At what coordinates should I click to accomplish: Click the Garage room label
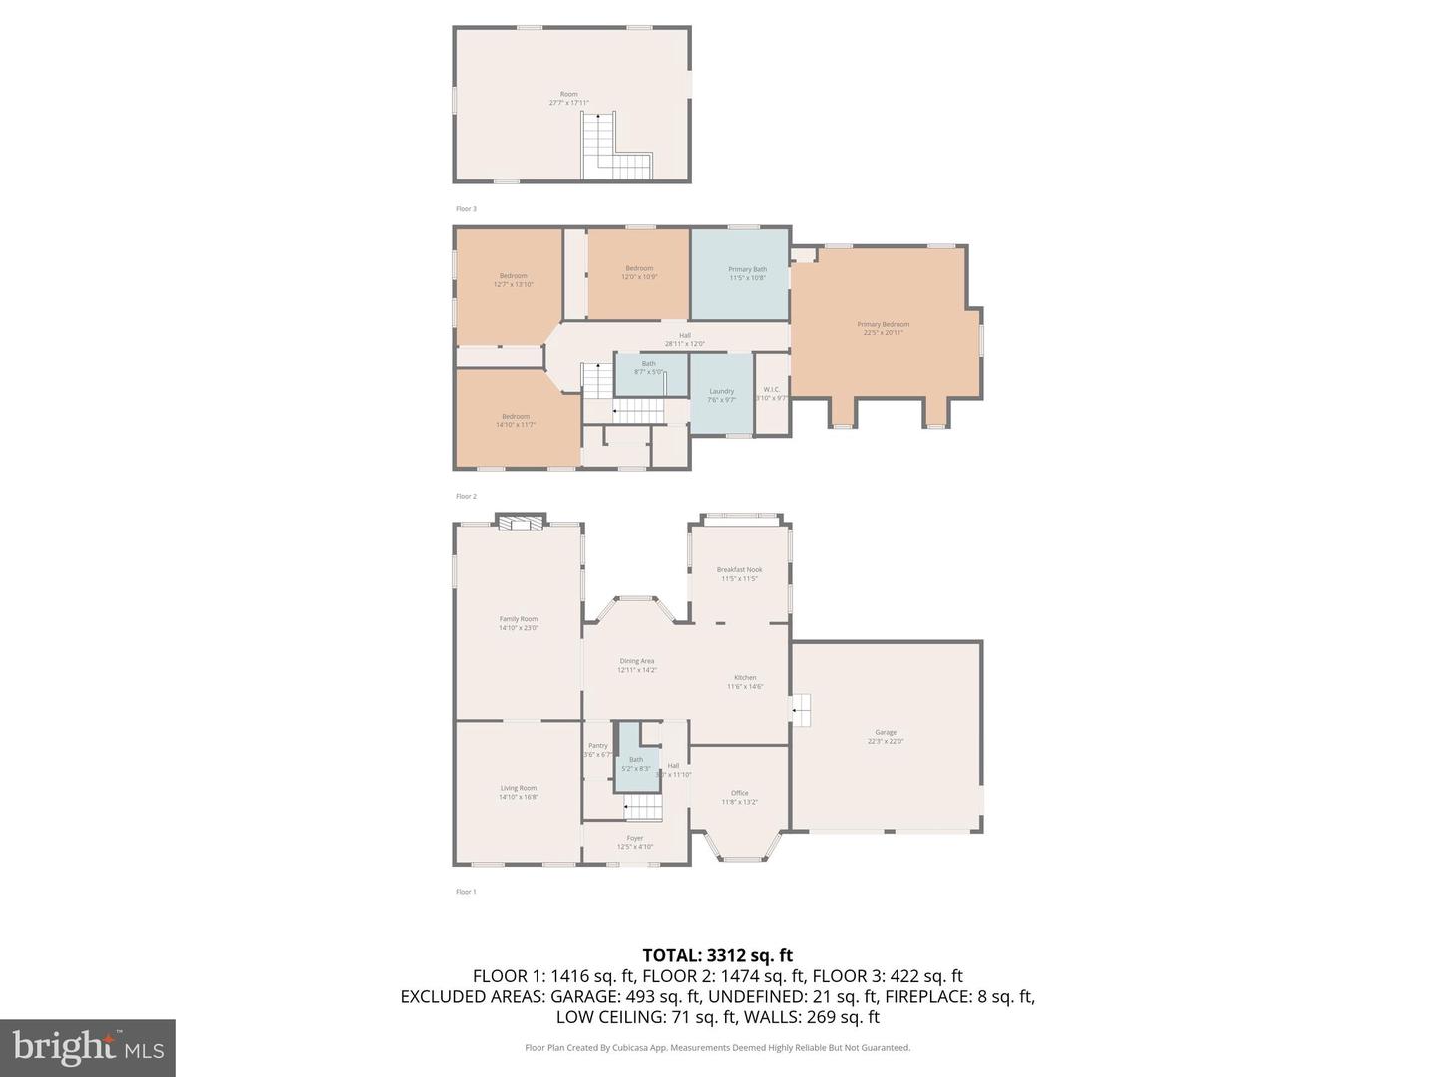coord(886,736)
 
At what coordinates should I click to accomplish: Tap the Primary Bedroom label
coord(883,328)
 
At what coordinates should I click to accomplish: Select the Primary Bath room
coord(747,273)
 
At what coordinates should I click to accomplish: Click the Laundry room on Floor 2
coord(721,395)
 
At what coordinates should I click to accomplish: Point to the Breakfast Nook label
coord(739,574)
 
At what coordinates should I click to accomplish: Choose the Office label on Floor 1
coord(739,797)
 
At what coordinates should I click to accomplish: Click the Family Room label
coord(518,623)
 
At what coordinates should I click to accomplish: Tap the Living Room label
coord(518,792)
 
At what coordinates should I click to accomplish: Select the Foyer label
coord(635,842)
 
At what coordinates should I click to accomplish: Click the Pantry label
coord(597,749)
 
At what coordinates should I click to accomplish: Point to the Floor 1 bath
coord(635,764)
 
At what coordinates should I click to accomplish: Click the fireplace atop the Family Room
coord(518,522)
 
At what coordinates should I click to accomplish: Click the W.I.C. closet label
coord(771,393)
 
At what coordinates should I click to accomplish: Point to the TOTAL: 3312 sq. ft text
coord(717,956)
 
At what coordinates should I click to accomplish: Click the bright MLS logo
coord(88,1047)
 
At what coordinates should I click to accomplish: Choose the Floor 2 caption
coord(466,496)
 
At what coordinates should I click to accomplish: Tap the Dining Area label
coord(637,665)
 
